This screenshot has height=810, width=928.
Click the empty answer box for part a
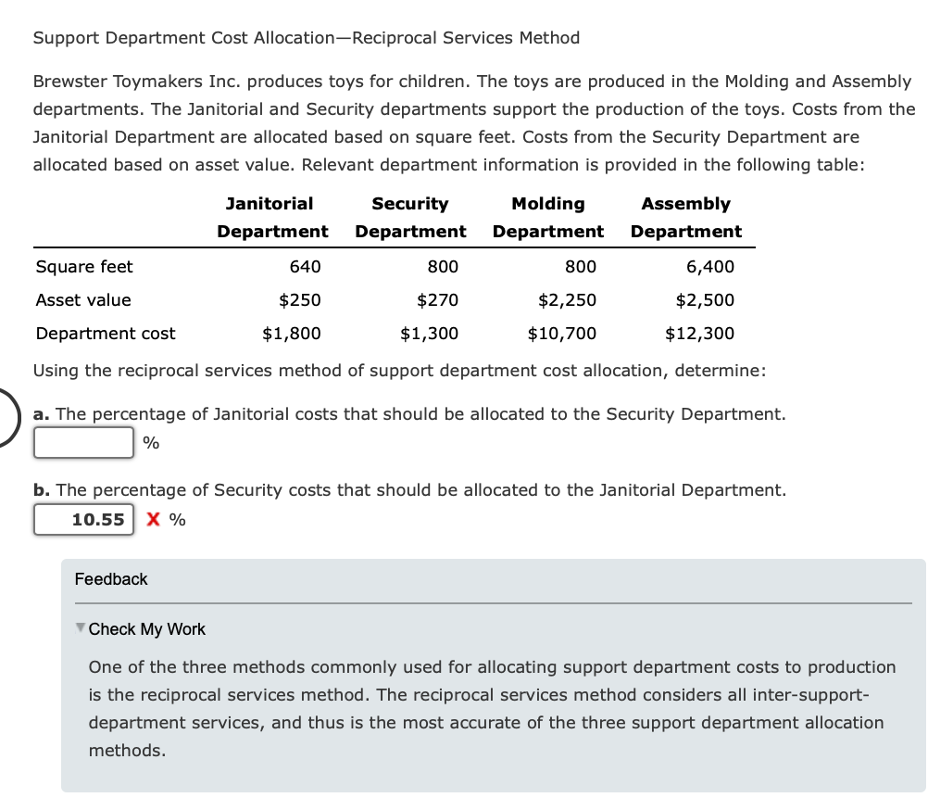(x=84, y=442)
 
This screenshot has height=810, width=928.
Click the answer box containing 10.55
(x=84, y=519)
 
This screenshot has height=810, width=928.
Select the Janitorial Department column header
(x=271, y=218)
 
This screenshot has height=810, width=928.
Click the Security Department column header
(x=410, y=218)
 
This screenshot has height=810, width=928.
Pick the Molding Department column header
(x=547, y=218)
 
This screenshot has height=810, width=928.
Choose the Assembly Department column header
(x=685, y=218)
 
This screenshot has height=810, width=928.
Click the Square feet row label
(x=84, y=267)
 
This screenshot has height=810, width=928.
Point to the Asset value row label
(x=83, y=300)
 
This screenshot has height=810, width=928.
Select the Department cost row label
(x=106, y=334)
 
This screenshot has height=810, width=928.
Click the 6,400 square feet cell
(x=709, y=267)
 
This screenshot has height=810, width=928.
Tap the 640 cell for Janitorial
(x=305, y=267)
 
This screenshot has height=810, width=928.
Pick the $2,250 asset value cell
(x=567, y=300)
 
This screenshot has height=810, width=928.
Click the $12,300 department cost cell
(x=699, y=334)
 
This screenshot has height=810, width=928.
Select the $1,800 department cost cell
(x=292, y=334)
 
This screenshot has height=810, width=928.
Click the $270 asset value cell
(x=437, y=300)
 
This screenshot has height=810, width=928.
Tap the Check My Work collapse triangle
(x=80, y=628)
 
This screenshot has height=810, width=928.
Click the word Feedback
(x=111, y=579)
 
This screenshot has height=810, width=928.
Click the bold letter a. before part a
(x=42, y=414)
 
